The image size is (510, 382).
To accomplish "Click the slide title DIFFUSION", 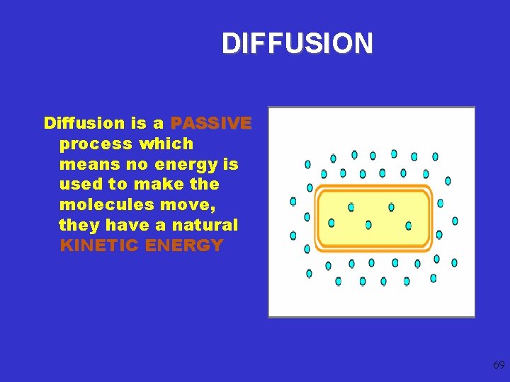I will (x=297, y=44).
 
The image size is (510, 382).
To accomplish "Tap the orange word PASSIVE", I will (x=211, y=123).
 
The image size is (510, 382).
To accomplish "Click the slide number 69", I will (x=498, y=365).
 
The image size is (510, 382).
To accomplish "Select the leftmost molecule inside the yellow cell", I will (x=331, y=223).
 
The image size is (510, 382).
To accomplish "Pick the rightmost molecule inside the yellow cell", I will (x=408, y=226).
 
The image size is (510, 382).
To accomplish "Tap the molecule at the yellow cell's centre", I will (x=368, y=224).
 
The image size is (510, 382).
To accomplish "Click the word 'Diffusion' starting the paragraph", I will (x=84, y=123).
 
